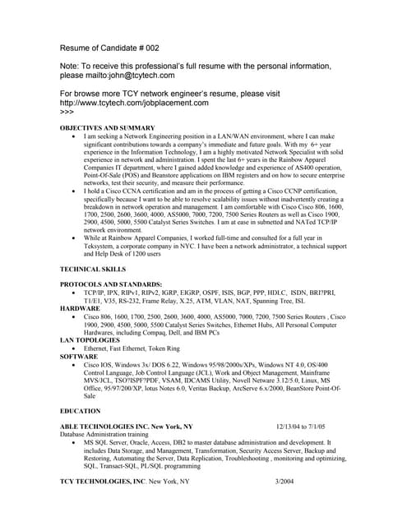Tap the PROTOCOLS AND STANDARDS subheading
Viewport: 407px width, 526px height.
pyautogui.click(x=111, y=284)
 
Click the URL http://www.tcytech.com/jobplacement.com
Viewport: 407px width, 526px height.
pyautogui.click(x=135, y=104)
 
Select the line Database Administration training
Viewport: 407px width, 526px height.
pyautogui.click(x=106, y=434)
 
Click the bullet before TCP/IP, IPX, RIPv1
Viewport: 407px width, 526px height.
pyautogui.click(x=75, y=293)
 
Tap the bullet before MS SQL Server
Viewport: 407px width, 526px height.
pyautogui.click(x=75, y=442)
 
